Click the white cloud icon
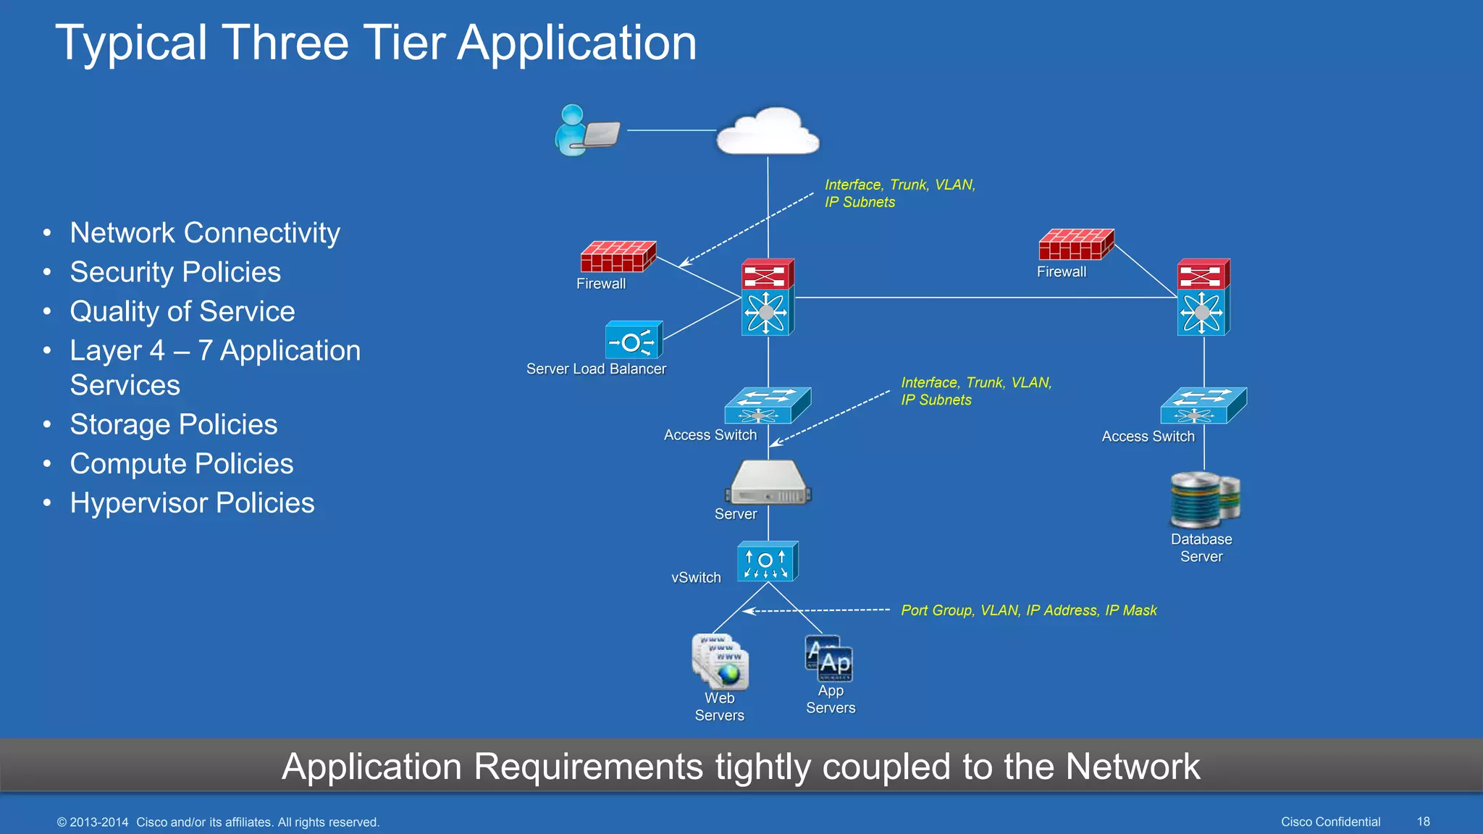tap(768, 132)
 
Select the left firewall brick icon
tap(618, 257)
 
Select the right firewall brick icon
tap(1075, 245)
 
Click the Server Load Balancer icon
tap(634, 340)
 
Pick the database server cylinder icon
tap(1203, 500)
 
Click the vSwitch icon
tap(767, 562)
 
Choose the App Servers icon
tap(830, 659)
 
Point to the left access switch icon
tap(767, 406)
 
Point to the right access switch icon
tap(1203, 406)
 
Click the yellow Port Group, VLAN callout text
tap(1028, 610)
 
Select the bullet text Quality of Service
tap(182, 311)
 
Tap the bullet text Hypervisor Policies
tap(192, 503)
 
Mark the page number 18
tap(1423, 822)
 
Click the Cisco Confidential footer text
tap(1330, 822)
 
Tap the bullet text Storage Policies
tap(174, 425)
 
